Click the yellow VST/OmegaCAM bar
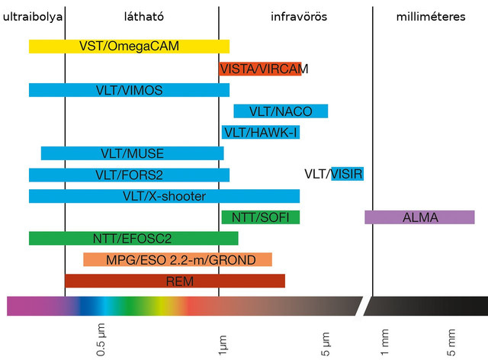coord(129,46)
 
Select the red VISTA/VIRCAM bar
coord(260,69)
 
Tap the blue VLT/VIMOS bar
coord(129,90)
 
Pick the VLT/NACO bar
coord(281,111)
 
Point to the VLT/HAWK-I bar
coord(260,132)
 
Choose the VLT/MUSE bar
coord(132,153)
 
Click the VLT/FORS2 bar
coord(129,175)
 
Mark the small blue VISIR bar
coord(347,175)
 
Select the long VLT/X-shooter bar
coord(164,196)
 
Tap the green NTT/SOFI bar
coord(260,217)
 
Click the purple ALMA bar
coord(419,217)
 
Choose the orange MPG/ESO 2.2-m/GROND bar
coord(178,259)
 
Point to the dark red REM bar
coord(175,281)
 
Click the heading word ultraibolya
coord(33,16)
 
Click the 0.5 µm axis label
coord(101,342)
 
